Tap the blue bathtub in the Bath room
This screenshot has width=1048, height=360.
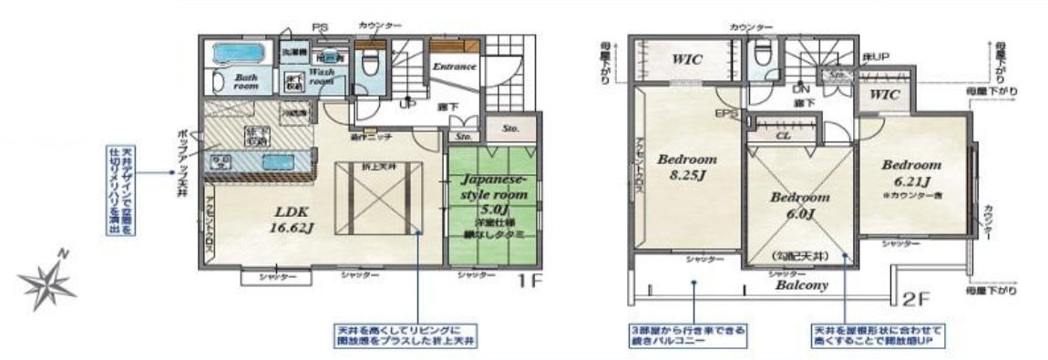[237, 52]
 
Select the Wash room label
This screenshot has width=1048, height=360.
[322, 75]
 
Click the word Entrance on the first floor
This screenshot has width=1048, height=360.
[453, 67]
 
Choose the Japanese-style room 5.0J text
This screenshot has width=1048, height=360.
[491, 194]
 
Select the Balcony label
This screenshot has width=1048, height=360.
[801, 284]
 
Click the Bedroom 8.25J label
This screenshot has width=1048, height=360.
[686, 164]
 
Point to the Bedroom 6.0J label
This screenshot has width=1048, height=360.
[799, 205]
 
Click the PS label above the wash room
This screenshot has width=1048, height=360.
[320, 28]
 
